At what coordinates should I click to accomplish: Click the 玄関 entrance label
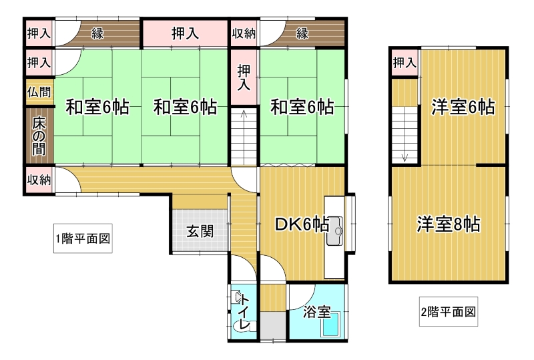[x=200, y=232]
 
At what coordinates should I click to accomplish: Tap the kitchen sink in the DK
[x=334, y=231]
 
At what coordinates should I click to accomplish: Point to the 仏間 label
[x=39, y=92]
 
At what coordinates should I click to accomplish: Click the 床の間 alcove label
[x=39, y=136]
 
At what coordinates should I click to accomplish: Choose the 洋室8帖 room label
[x=449, y=224]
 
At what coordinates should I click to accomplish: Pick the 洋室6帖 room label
[x=463, y=107]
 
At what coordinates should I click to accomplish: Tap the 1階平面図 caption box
[x=83, y=238]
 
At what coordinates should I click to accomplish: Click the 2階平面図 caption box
[x=448, y=312]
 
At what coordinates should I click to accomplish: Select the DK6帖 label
[x=302, y=224]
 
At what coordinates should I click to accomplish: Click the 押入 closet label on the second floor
[x=405, y=63]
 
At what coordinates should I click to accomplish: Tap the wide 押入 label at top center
[x=185, y=33]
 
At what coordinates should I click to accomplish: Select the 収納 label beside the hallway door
[x=39, y=180]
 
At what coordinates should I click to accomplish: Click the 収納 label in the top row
[x=244, y=33]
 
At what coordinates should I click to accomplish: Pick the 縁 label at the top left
[x=97, y=33]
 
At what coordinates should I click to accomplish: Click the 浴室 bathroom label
[x=317, y=311]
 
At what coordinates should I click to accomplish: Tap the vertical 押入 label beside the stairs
[x=244, y=77]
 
